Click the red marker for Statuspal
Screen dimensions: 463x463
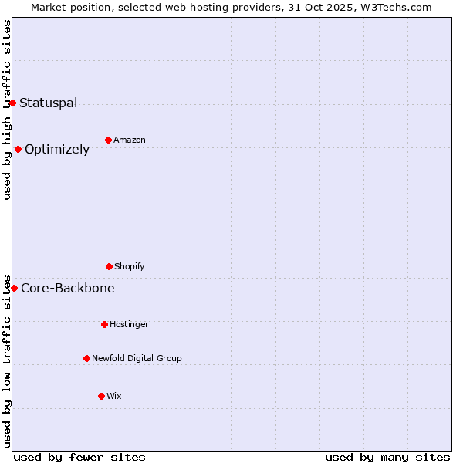click(12, 103)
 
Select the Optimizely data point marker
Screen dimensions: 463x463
click(18, 149)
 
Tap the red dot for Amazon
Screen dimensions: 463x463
click(108, 140)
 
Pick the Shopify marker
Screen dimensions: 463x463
click(109, 266)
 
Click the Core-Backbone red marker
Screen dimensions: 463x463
click(14, 288)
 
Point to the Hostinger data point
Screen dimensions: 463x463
click(104, 324)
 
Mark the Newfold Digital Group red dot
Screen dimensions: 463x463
click(86, 358)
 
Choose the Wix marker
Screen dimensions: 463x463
click(101, 396)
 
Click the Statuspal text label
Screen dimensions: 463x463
click(48, 103)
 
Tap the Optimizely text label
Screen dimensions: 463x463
click(57, 149)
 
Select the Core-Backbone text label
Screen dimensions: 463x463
click(68, 288)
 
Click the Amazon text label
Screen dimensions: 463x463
click(130, 140)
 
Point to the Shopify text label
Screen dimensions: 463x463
click(130, 266)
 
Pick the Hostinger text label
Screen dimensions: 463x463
click(129, 324)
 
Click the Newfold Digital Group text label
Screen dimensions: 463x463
click(137, 358)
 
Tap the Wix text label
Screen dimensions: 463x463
click(114, 396)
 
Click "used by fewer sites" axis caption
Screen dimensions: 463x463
click(79, 457)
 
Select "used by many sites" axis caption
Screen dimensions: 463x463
click(387, 457)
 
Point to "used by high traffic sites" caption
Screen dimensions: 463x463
click(7, 110)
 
